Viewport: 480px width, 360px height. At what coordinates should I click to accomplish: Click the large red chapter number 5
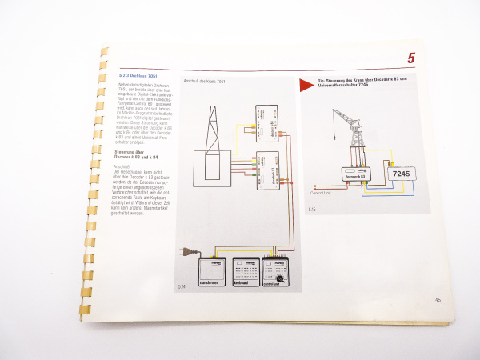tap(410, 58)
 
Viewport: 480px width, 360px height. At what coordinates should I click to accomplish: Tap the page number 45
tap(438, 300)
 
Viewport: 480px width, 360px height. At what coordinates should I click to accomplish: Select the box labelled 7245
tap(399, 173)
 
